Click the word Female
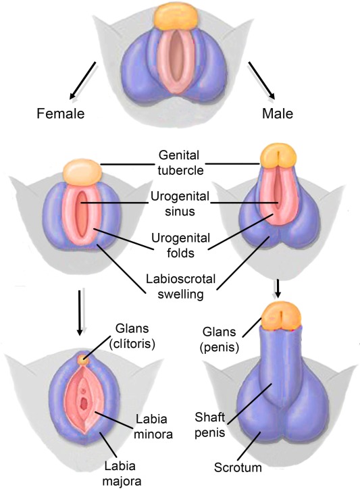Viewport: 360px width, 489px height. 61,113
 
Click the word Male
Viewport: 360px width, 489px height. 278,113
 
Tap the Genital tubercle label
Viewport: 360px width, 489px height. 180,163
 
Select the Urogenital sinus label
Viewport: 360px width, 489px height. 180,204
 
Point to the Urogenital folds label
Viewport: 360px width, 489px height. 180,245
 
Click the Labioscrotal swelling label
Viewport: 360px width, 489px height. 180,286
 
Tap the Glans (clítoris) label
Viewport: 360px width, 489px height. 132,336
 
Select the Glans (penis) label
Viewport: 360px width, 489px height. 219,339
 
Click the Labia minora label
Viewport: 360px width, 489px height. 153,426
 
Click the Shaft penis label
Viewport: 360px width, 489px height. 209,425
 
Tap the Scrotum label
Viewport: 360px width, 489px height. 238,467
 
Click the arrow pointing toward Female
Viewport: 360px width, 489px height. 82,80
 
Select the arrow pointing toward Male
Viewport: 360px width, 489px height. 261,80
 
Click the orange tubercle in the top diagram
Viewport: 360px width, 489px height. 177,17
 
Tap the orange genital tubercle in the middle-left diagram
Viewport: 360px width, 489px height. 82,172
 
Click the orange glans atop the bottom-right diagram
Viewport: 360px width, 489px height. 282,317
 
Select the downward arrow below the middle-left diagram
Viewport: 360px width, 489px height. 80,313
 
